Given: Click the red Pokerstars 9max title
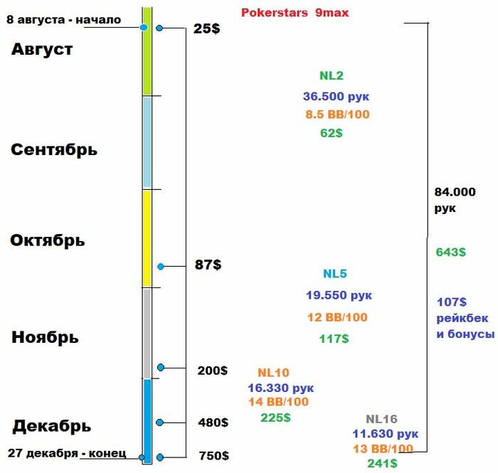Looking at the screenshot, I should click(x=295, y=13).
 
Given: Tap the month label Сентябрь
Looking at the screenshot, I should click(x=54, y=150).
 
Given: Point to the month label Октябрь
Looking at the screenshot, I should click(x=48, y=240).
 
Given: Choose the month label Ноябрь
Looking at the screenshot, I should click(x=45, y=337).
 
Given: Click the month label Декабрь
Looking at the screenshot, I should click(x=51, y=426).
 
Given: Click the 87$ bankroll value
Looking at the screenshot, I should click(x=208, y=265).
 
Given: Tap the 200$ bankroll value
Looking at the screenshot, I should click(x=213, y=371).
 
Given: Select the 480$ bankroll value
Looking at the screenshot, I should click(x=213, y=422).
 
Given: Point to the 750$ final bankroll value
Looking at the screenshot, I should click(x=213, y=456).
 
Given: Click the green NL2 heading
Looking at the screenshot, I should click(x=332, y=76).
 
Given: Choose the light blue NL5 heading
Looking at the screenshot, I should click(x=335, y=274).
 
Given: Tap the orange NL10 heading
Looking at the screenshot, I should click(x=273, y=373).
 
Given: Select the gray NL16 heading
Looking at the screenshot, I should click(x=382, y=419).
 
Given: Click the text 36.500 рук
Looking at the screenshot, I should click(x=337, y=97).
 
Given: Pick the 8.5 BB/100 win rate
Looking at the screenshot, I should click(x=338, y=115).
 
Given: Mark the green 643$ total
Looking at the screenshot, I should click(x=451, y=252).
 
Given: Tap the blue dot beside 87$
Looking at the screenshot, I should click(x=161, y=266).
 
